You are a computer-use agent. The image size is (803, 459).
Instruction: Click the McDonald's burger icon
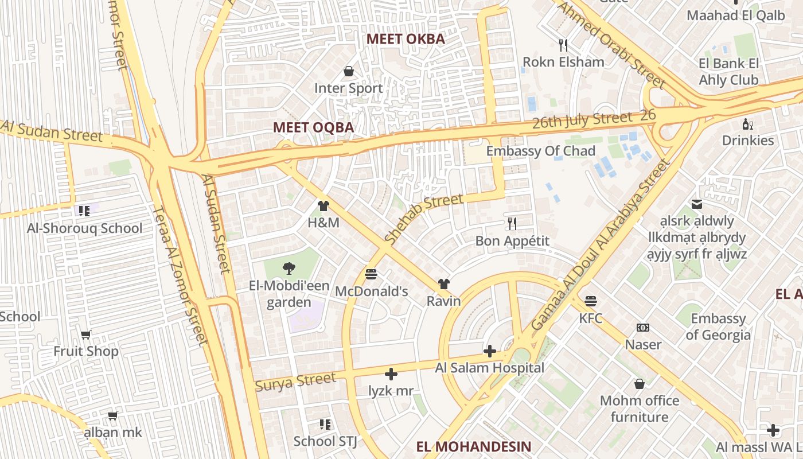371,274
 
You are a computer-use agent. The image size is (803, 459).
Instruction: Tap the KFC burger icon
590,301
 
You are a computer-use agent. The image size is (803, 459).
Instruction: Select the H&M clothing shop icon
323,205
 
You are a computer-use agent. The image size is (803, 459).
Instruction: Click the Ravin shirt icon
443,283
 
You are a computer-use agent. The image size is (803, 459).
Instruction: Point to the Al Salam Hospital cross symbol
490,351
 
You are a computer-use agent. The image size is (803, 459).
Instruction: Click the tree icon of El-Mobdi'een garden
289,267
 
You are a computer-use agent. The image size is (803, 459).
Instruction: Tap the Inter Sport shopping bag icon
348,71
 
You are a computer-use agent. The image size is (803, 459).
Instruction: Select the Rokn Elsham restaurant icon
563,44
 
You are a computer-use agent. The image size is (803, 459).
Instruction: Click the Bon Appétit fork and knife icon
512,223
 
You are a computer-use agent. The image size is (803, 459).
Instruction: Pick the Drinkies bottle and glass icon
748,123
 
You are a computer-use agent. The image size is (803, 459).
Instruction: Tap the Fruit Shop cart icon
86,334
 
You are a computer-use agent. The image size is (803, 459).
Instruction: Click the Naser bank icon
643,328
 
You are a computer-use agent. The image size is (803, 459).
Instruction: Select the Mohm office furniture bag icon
640,383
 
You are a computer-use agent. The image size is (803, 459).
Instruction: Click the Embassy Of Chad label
540,151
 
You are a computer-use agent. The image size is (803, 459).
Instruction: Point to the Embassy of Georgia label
718,326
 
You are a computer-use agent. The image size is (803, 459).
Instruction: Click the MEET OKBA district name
406,39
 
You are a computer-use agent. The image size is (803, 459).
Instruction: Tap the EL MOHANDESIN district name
474,446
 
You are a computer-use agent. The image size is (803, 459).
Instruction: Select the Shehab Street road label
423,219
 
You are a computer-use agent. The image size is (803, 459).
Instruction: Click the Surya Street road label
295,382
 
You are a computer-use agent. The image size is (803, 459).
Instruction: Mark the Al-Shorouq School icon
85,211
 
